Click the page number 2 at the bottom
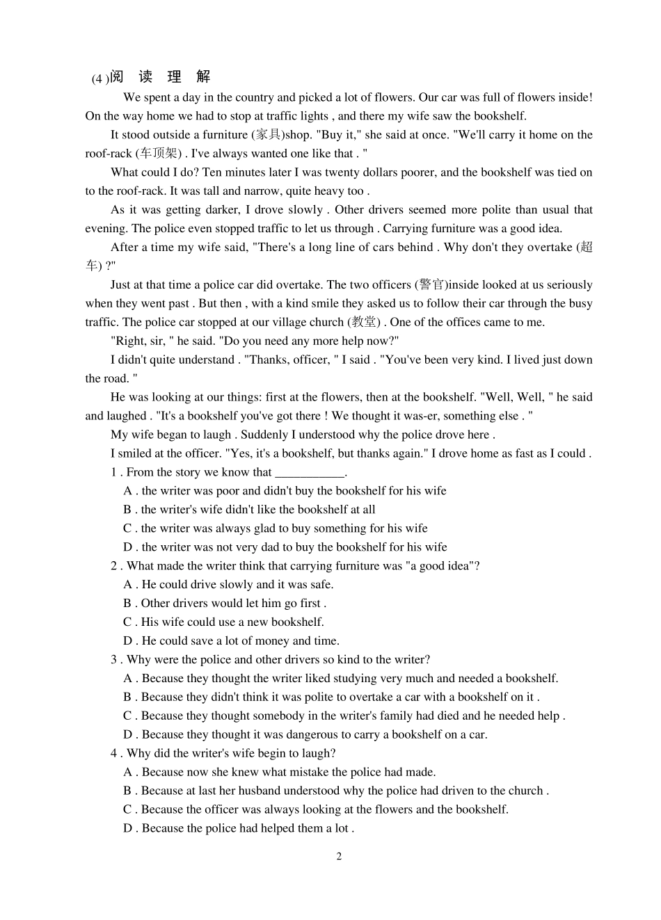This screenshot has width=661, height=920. pyautogui.click(x=340, y=856)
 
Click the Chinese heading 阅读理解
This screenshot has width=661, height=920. pyautogui.click(x=160, y=77)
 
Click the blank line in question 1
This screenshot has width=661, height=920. pyautogui.click(x=310, y=473)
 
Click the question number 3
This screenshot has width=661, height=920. pyautogui.click(x=113, y=660)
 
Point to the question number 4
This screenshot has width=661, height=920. pyautogui.click(x=113, y=754)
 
